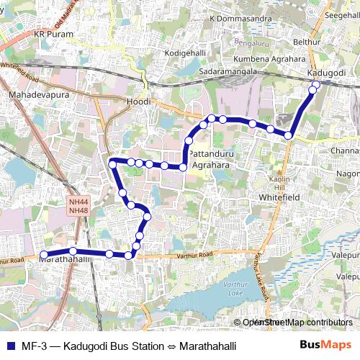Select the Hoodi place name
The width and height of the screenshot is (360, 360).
(138, 102)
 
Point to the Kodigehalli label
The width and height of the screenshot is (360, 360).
(185, 53)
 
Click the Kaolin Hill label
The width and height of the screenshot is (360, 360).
(279, 182)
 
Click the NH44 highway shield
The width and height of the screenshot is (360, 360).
(78, 202)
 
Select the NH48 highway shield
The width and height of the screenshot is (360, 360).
(78, 210)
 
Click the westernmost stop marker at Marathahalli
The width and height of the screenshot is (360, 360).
(43, 254)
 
